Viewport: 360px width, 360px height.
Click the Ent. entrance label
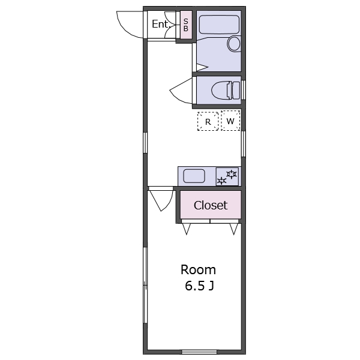tap(161, 24)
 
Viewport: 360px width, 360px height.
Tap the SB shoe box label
tap(186, 25)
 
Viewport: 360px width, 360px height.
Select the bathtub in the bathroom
tap(219, 25)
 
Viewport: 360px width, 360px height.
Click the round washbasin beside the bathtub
tap(234, 43)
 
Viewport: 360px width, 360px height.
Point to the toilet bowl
tap(226, 90)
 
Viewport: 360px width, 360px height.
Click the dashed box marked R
tap(208, 121)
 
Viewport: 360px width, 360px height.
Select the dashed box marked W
tap(230, 121)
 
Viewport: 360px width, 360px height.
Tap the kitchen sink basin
tap(194, 176)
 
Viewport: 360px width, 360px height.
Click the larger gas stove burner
tap(232, 174)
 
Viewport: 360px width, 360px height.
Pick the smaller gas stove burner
tap(221, 181)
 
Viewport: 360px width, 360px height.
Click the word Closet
tap(211, 205)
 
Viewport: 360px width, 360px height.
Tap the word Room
tap(198, 270)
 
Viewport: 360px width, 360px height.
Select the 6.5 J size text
tap(200, 286)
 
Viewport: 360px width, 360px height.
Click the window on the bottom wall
tap(199, 352)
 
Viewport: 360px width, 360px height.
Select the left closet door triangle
tap(186, 229)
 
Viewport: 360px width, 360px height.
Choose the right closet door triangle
tap(234, 229)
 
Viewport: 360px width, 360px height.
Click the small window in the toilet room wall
tap(244, 90)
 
